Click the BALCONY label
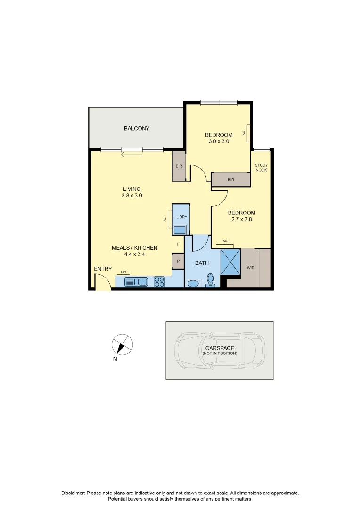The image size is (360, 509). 136,128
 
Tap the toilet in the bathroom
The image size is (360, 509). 211,280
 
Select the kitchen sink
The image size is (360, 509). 136,282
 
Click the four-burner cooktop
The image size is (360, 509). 159,282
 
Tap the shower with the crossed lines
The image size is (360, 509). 231,262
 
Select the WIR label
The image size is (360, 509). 250,267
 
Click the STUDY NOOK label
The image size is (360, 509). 261,167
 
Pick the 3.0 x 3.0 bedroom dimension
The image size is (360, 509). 219,141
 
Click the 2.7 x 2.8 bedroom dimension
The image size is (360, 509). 241,219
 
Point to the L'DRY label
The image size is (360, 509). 181,217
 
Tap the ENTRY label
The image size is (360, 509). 103,269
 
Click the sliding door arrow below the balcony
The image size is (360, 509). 131,154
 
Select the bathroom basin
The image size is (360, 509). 193,284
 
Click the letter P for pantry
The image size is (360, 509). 178,261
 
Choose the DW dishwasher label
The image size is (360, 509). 123,272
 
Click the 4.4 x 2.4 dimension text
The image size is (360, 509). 134,254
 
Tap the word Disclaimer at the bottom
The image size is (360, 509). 73,493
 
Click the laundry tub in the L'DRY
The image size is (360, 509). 180,230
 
